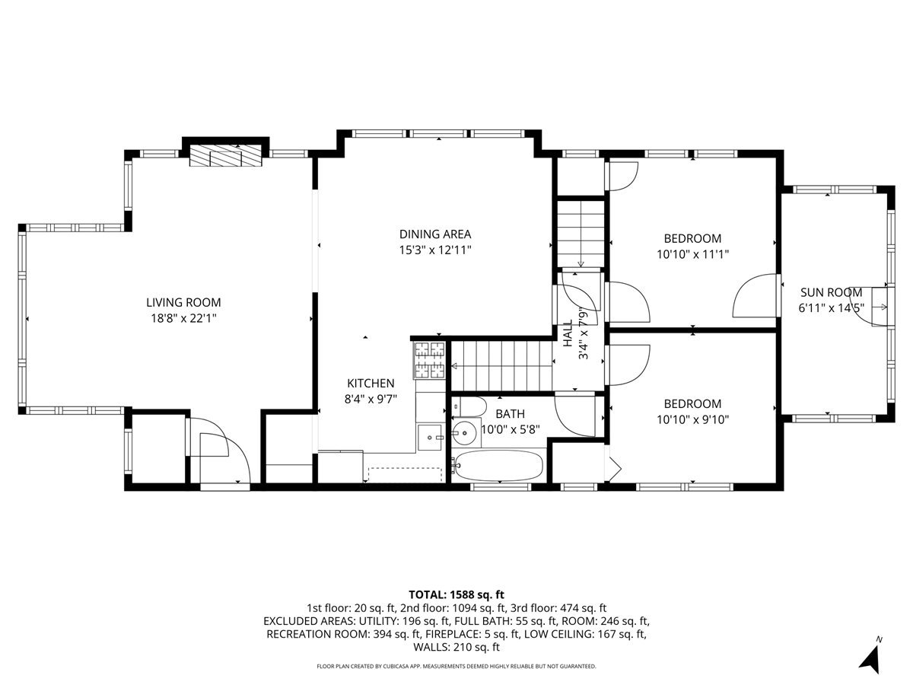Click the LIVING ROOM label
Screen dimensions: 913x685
tap(183, 302)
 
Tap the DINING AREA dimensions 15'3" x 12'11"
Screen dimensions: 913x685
tap(435, 250)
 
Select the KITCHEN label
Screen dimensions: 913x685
tap(371, 383)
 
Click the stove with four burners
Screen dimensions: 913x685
tap(430, 360)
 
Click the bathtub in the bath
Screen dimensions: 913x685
tap(498, 465)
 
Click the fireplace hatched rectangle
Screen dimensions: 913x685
tap(226, 155)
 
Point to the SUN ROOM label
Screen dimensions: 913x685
tap(831, 293)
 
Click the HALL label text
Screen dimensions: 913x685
tap(568, 333)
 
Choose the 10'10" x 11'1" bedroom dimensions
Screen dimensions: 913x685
tap(692, 254)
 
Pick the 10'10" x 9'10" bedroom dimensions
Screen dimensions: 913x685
tap(692, 419)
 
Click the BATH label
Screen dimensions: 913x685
tap(510, 414)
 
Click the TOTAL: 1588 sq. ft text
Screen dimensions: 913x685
tap(456, 594)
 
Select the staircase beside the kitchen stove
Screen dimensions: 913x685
tap(502, 366)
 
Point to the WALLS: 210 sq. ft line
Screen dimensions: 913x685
tap(456, 647)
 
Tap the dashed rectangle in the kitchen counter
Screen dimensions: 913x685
tap(405, 474)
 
